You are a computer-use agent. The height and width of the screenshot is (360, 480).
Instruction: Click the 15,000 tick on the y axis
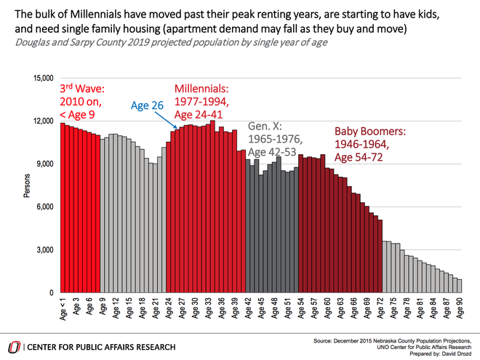pos(44,79)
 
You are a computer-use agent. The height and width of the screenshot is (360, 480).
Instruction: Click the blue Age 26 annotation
pos(147,105)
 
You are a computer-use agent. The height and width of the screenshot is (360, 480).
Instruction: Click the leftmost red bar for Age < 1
pos(63,208)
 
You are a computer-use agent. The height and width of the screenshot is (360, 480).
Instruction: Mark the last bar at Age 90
pos(459,286)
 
